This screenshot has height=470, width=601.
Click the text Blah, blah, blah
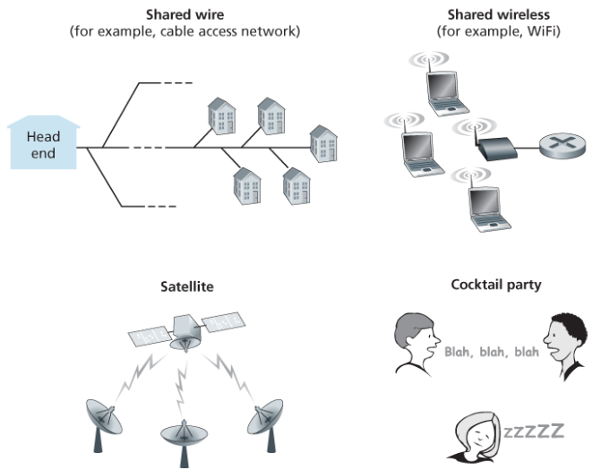click(x=491, y=352)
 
